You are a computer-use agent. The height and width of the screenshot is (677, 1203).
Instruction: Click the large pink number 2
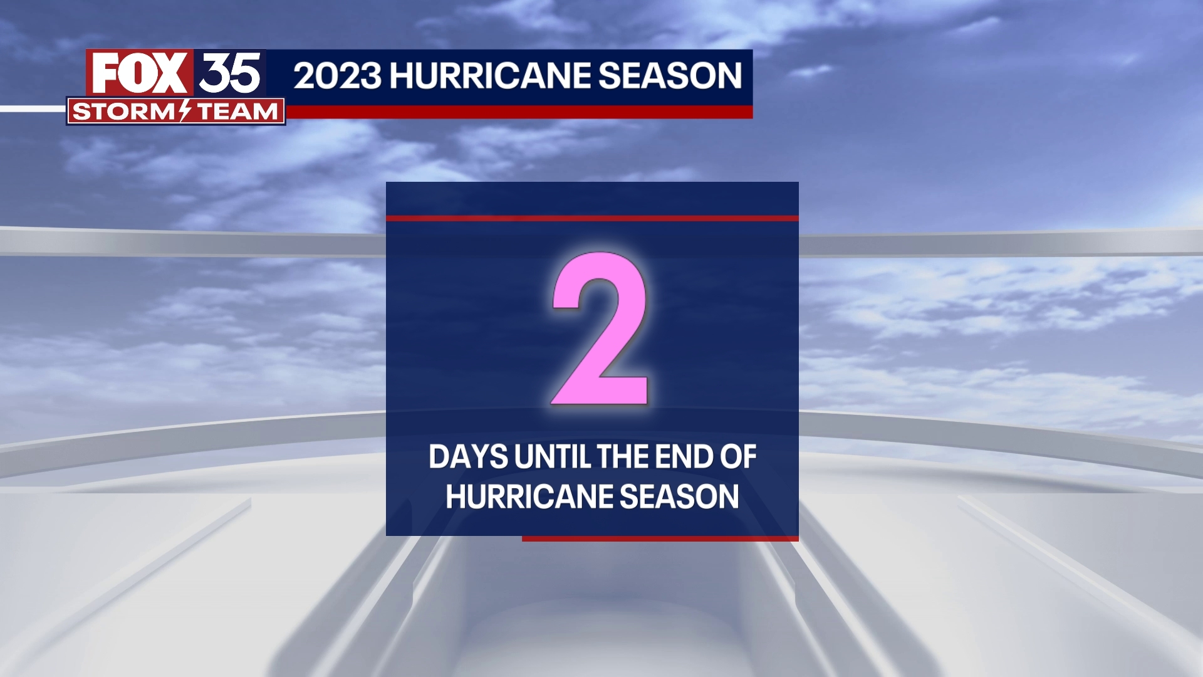[x=600, y=329]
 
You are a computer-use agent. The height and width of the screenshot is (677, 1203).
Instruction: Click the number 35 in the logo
[x=230, y=73]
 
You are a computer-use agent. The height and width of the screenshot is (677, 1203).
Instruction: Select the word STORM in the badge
[x=124, y=112]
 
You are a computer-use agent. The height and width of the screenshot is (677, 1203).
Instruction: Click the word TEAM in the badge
[x=237, y=112]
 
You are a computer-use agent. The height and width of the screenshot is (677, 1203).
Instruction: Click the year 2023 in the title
[x=337, y=76]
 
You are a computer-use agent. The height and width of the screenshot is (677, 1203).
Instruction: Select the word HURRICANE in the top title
[x=491, y=76]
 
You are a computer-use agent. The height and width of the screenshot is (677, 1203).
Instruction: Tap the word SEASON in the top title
[x=670, y=76]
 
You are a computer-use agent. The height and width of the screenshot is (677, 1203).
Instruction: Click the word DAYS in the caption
[x=468, y=457]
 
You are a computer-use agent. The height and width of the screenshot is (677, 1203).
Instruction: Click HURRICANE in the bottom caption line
[x=529, y=497]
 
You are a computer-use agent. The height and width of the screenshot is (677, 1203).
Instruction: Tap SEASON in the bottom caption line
[x=679, y=497]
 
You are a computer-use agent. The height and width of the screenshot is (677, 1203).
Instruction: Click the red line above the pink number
[x=592, y=218]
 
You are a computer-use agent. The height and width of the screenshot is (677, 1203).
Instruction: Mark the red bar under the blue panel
[x=660, y=538]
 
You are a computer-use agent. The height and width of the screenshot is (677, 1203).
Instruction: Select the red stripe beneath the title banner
[x=519, y=112]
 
